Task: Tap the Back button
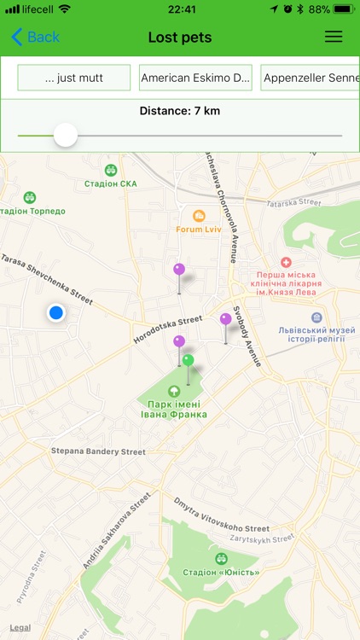pos(35,37)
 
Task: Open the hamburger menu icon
pos(334,37)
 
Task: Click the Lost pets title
pos(180,37)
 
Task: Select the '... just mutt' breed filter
pos(74,78)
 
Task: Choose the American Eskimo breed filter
pos(196,78)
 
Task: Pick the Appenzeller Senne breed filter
pos(311,78)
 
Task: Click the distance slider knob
pos(64,135)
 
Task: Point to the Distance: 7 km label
pos(180,110)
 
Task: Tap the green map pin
pos(189,360)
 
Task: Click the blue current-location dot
pos(56,313)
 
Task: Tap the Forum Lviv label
pos(199,230)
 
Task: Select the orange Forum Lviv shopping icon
pos(199,216)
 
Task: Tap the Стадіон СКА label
pos(111,183)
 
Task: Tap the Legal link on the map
pos(20,627)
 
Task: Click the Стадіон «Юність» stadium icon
pos(221,558)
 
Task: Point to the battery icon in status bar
pos(344,9)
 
